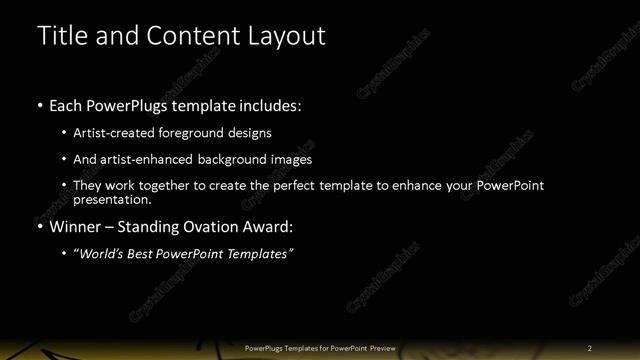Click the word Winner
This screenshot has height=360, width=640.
pyautogui.click(x=77, y=226)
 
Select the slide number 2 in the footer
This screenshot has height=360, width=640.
pyautogui.click(x=590, y=348)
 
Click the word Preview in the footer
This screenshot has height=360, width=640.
pyautogui.click(x=382, y=348)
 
